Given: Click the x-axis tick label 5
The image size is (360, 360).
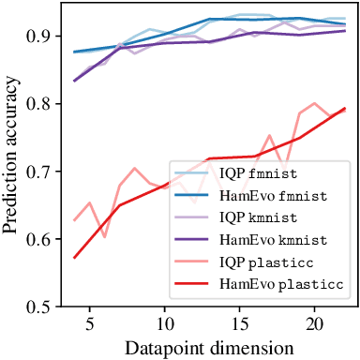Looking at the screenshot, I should click(90, 323).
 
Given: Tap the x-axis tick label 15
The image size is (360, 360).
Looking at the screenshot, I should click(240, 323).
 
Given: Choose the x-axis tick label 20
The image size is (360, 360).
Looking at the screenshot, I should click(315, 323).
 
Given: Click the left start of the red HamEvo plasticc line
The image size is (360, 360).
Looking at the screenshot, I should click(75, 257).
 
